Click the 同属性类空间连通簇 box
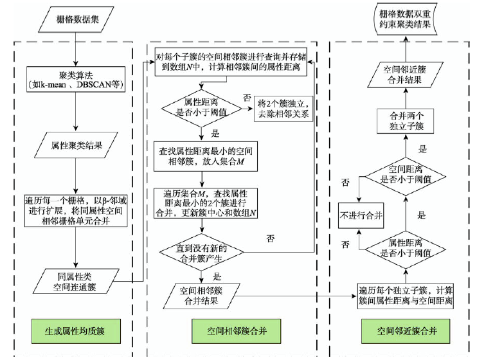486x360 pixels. [x=76, y=280]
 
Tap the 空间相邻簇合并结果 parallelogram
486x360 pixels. [x=202, y=295]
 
